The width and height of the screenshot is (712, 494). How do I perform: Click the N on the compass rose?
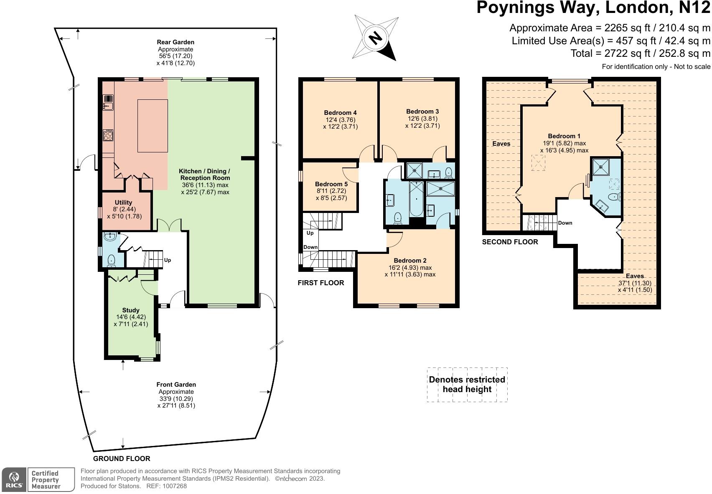[375, 38]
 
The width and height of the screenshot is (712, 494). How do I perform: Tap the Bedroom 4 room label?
[340, 112]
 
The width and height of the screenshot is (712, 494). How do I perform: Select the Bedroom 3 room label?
[422, 111]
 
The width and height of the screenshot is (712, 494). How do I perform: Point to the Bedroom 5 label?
[331, 184]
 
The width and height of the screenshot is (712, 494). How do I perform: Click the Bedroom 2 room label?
[410, 261]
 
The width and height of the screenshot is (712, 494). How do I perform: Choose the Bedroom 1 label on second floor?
[564, 136]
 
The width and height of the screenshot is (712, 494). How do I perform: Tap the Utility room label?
[123, 203]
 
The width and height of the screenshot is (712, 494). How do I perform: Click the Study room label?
[131, 310]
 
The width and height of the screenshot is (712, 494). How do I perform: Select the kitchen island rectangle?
[153, 126]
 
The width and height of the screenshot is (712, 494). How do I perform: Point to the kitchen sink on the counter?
[108, 102]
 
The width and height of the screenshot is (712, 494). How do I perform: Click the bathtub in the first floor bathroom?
[416, 198]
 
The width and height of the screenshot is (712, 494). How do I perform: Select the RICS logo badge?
[14, 480]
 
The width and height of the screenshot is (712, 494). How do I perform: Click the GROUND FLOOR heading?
[122, 459]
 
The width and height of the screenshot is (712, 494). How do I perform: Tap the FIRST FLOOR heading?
[321, 283]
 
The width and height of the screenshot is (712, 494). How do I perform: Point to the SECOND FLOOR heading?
[510, 242]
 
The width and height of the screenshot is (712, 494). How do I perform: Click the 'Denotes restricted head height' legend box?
[467, 385]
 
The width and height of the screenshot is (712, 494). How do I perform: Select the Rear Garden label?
[175, 42]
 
